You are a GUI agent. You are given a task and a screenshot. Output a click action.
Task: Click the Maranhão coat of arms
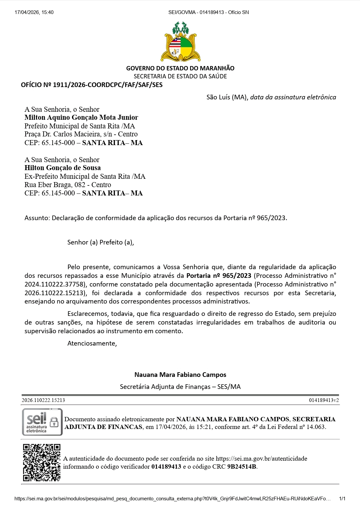[x=180, y=42]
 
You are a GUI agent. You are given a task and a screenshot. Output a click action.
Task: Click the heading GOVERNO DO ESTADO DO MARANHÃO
[x=180, y=68]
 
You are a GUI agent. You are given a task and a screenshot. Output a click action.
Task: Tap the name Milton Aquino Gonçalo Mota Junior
[x=81, y=117]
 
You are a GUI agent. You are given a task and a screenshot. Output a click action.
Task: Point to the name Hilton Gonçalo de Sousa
[x=62, y=168]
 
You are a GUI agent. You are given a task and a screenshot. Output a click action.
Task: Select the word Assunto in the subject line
[x=37, y=218]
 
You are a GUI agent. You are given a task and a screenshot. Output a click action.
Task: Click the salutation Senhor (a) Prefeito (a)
[x=100, y=242]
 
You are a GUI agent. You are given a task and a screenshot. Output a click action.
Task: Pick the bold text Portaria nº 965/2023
[x=219, y=276]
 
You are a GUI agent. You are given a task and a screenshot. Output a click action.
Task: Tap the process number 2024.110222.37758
[x=55, y=285]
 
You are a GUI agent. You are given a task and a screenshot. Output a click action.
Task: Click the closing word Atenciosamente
[x=92, y=344]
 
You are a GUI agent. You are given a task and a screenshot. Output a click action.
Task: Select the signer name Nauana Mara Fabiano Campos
[x=180, y=375]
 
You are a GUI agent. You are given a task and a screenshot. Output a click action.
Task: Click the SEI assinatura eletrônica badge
[x=42, y=422]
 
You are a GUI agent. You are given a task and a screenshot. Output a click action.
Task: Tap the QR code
[x=42, y=462]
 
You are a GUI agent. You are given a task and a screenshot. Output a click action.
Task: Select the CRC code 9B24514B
[x=242, y=467]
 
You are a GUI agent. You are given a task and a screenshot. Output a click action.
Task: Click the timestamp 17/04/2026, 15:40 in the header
[x=34, y=12]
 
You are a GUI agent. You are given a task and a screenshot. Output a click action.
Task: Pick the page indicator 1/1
[x=342, y=499]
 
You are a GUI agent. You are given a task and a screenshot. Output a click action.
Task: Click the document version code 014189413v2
[x=324, y=400]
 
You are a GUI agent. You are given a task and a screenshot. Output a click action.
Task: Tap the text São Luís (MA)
[x=227, y=97]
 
